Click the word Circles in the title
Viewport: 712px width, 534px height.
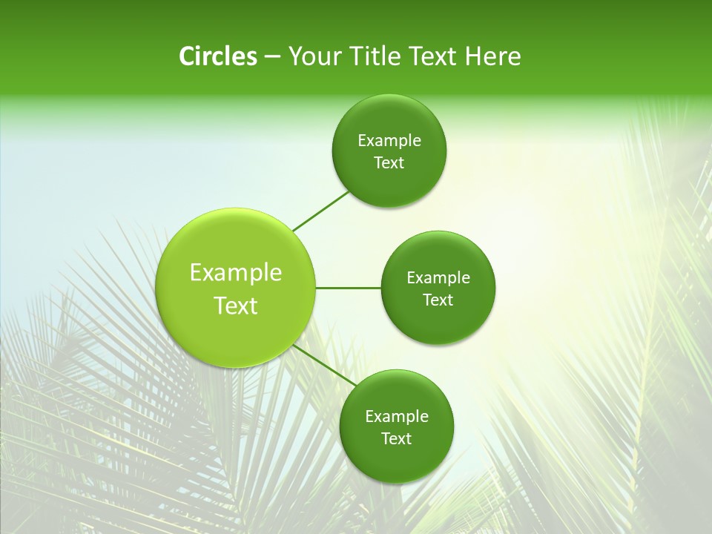pyautogui.click(x=218, y=56)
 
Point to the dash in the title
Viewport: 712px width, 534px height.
pyautogui.click(x=272, y=57)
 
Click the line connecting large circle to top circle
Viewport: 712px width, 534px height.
pyautogui.click(x=321, y=211)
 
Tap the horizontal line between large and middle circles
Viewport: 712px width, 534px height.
pyautogui.click(x=348, y=288)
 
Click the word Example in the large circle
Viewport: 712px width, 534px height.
pyautogui.click(x=236, y=273)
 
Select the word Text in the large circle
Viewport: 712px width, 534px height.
pyautogui.click(x=236, y=306)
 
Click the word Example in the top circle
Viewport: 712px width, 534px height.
pyautogui.click(x=389, y=141)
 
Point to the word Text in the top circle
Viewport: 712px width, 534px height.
pyautogui.click(x=389, y=163)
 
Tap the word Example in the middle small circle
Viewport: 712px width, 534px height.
pyautogui.click(x=438, y=278)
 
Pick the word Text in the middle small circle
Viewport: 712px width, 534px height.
pyautogui.click(x=438, y=300)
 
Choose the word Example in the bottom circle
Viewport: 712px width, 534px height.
pyautogui.click(x=397, y=417)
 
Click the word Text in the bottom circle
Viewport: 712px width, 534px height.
pyautogui.click(x=396, y=439)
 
